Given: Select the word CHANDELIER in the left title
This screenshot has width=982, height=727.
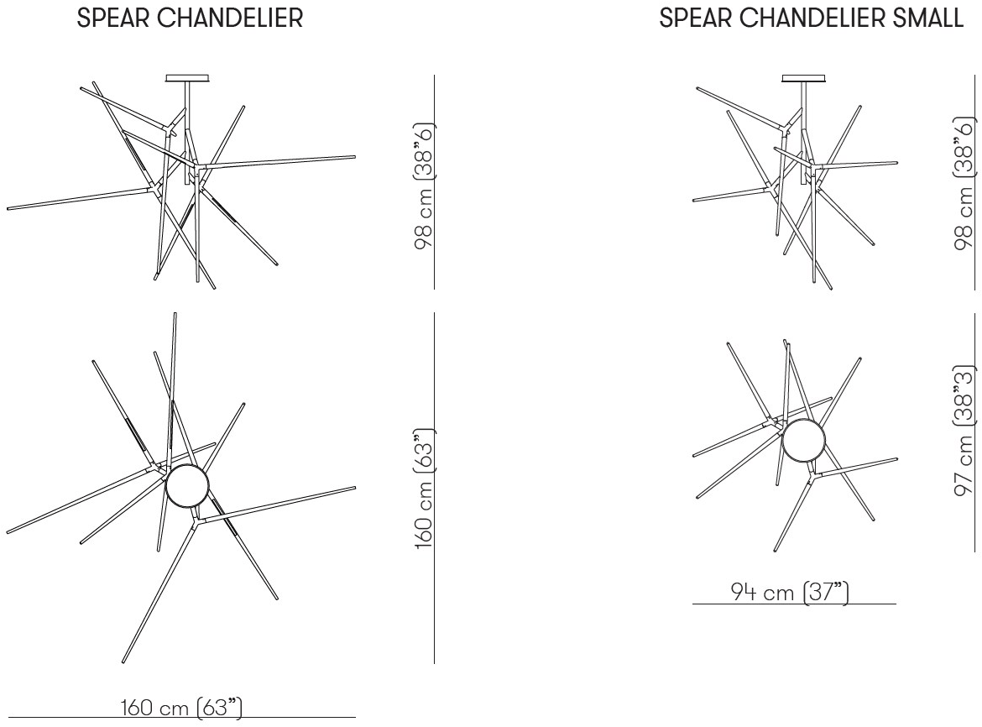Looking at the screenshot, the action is [231, 18].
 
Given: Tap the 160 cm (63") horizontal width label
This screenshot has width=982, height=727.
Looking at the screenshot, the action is [181, 707].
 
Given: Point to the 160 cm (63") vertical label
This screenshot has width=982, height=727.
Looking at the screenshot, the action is [424, 489].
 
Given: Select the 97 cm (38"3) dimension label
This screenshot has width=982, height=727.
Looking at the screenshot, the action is [964, 431].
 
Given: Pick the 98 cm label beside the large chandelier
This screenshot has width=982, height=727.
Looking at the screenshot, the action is [424, 186].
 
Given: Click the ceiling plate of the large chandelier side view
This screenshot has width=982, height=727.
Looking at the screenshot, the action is [187, 78].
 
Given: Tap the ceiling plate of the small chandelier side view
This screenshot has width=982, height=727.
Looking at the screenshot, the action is [804, 78].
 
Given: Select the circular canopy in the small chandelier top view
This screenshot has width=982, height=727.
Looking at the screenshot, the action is [804, 440].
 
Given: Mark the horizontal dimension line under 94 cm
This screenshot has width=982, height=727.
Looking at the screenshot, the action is [794, 604].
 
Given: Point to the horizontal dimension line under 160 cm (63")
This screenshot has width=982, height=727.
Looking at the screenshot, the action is [181, 717].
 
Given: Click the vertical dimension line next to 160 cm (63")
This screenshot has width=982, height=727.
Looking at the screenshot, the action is [435, 488].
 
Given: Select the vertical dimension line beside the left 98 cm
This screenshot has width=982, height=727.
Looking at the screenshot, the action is [435, 182].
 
